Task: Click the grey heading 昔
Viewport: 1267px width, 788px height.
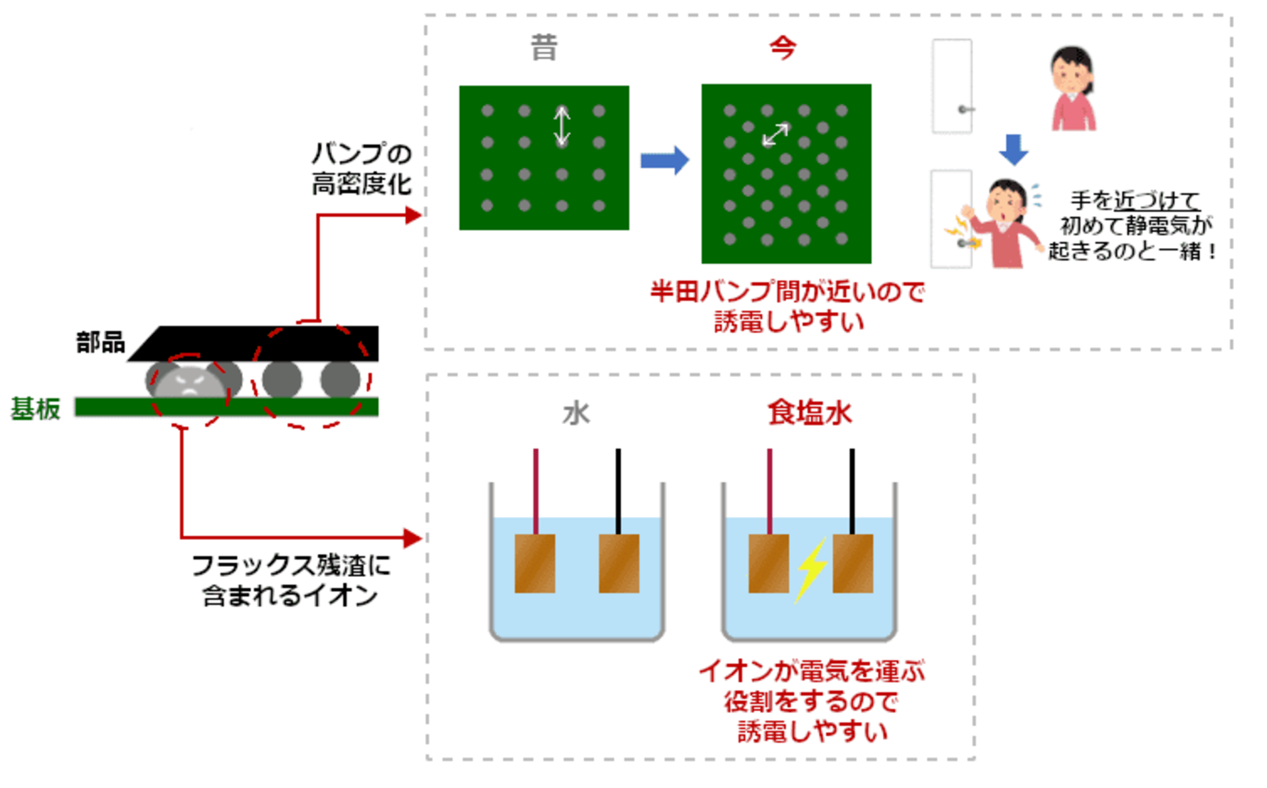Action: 544,48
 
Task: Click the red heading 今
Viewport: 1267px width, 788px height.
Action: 783,47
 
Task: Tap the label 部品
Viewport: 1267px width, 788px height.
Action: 100,342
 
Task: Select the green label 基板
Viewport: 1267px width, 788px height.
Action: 36,409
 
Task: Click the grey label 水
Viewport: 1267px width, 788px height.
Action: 576,414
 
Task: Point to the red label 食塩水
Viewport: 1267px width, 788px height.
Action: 810,413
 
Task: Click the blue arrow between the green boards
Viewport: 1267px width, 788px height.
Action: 665,160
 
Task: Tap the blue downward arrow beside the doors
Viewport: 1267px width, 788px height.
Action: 1014,150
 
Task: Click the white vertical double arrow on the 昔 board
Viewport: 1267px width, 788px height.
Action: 562,126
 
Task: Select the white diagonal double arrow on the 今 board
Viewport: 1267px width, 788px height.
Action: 775,134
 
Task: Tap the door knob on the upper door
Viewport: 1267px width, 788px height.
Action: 965,109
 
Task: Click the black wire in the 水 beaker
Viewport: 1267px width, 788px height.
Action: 618,491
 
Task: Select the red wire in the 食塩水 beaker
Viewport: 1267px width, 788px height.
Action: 769,491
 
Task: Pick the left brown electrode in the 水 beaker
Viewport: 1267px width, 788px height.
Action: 535,563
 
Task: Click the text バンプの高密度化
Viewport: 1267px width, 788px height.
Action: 362,169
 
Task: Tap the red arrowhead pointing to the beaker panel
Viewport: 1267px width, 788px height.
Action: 413,538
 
